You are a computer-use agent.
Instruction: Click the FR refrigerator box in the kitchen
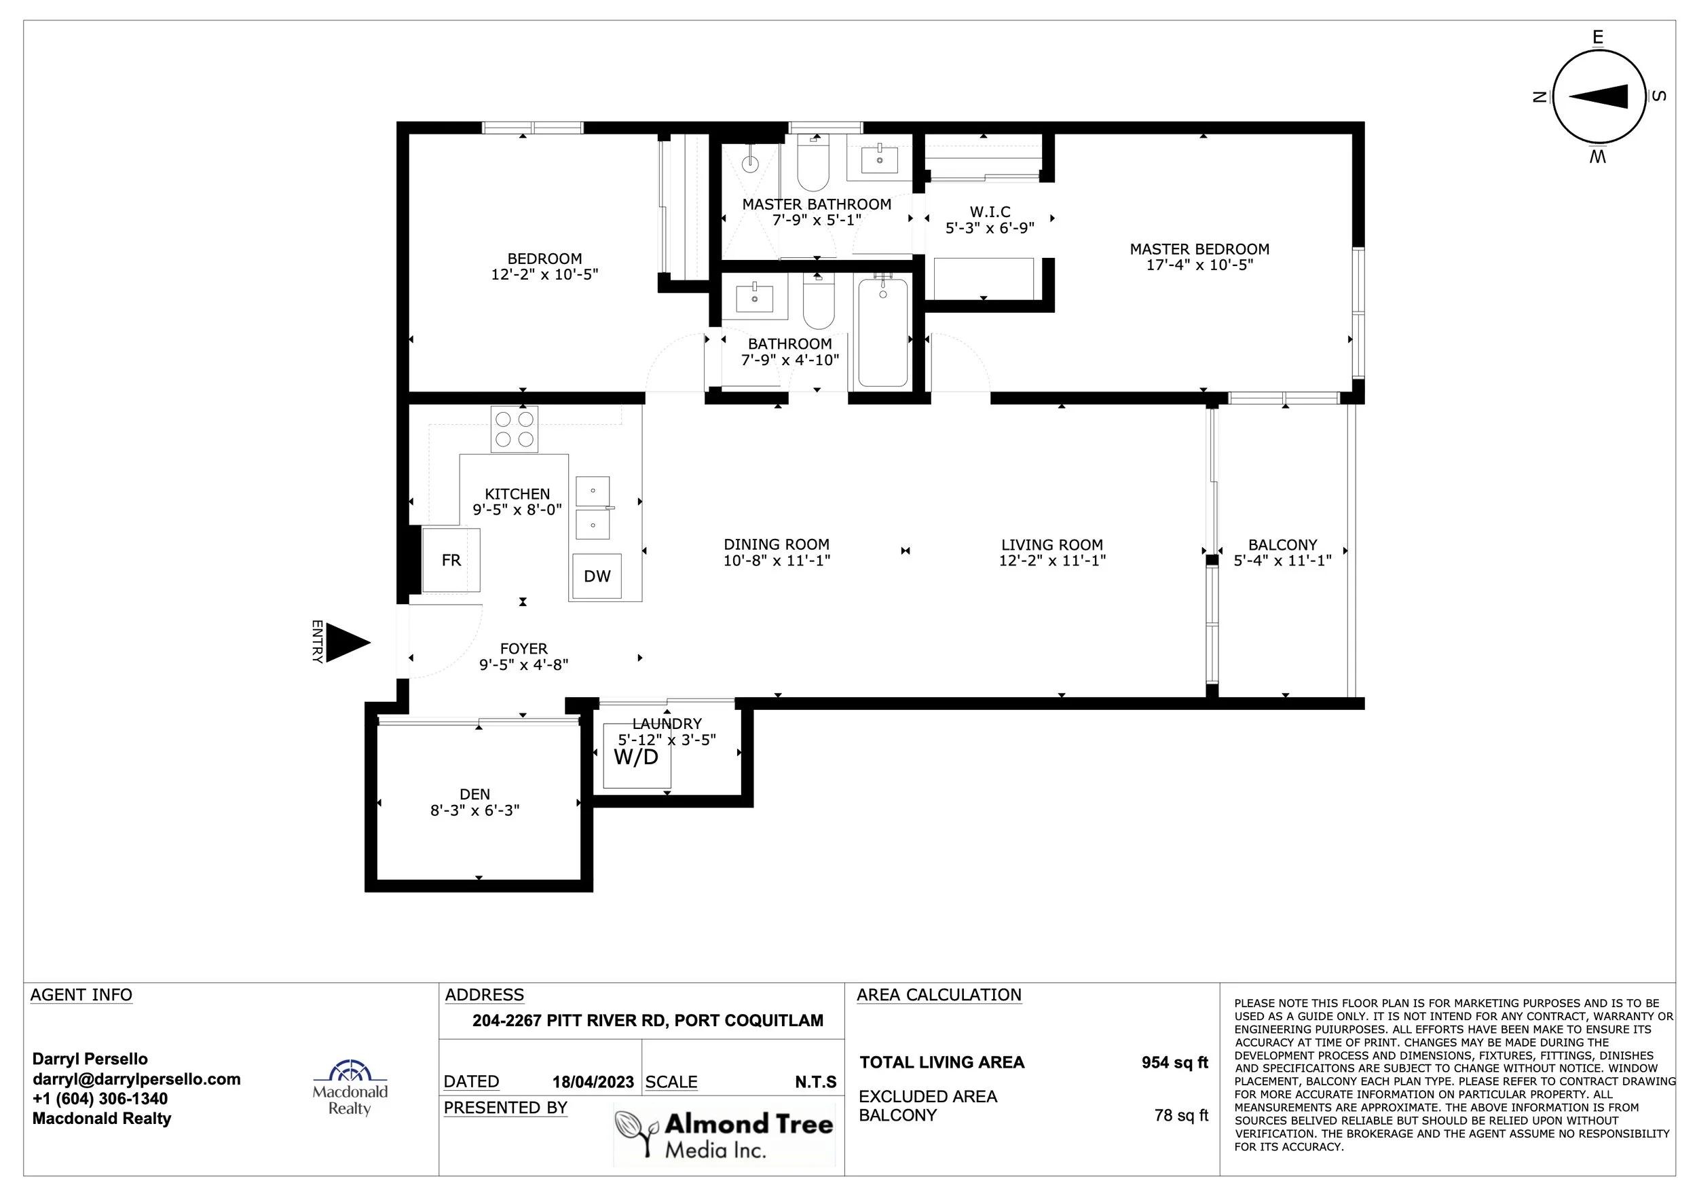coord(451,559)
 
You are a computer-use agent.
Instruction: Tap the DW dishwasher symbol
coord(597,576)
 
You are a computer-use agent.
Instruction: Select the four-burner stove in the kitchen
coord(515,430)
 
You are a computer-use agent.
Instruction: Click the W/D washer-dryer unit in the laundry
coord(637,756)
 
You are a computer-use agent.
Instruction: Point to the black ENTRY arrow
coord(347,642)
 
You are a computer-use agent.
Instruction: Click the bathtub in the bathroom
coord(882,332)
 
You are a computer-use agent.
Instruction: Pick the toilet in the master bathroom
coord(814,163)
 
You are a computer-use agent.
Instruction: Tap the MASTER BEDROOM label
coord(1199,250)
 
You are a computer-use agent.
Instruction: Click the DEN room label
coord(474,794)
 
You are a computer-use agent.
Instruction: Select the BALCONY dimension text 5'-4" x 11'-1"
coord(1282,561)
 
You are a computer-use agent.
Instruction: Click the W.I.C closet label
coord(990,212)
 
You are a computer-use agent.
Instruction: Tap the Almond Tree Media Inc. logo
coord(724,1133)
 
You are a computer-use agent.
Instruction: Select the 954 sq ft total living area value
coord(1174,1063)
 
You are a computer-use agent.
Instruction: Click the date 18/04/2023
coord(593,1082)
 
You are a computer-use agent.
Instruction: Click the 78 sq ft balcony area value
coord(1180,1115)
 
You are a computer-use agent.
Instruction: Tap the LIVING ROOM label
coord(1051,545)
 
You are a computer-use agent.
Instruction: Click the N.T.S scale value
coord(815,1082)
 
